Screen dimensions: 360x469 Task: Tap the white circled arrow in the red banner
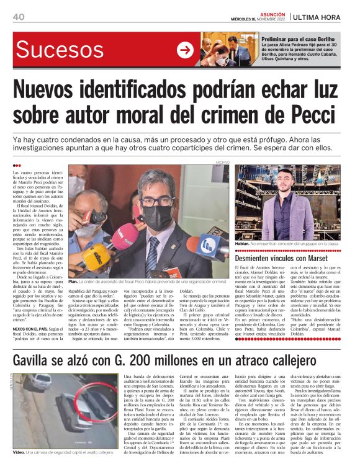tap(185, 50)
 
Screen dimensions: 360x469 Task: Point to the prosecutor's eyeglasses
tap(156, 200)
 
